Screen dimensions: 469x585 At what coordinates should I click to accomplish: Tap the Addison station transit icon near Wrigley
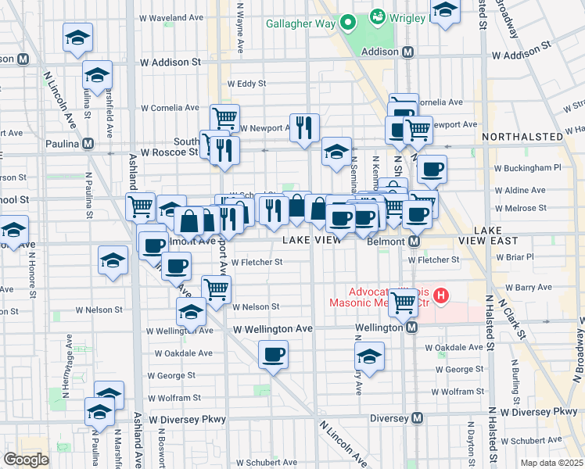407,53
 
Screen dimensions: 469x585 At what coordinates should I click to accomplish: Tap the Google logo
26,460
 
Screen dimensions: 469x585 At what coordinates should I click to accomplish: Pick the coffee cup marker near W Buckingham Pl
432,169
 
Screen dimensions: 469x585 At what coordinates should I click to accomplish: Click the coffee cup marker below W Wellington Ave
274,354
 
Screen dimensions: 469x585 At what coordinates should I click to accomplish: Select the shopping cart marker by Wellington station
404,300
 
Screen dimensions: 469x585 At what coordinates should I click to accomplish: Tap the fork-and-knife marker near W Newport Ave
304,127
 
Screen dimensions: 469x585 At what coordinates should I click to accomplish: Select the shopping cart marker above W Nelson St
216,288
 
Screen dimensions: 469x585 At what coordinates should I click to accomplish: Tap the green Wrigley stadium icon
377,15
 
